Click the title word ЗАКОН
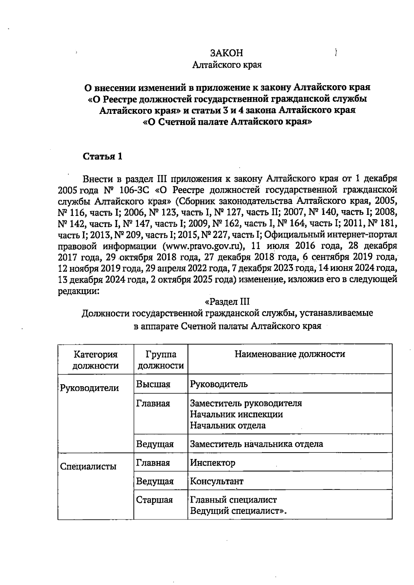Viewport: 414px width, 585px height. pyautogui.click(x=227, y=53)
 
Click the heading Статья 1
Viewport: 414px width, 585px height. pyautogui.click(x=102, y=156)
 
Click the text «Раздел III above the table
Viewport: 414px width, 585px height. pyautogui.click(x=227, y=301)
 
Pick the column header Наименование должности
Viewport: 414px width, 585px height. pyautogui.click(x=290, y=354)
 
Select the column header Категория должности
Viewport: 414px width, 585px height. pyautogui.click(x=96, y=360)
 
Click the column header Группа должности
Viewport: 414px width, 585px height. pyautogui.click(x=161, y=360)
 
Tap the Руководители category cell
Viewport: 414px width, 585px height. pyautogui.click(x=89, y=388)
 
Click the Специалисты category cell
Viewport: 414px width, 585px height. pyautogui.click(x=88, y=467)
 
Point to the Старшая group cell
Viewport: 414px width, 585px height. pyautogui.click(x=154, y=499)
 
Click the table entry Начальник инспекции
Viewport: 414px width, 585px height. pyautogui.click(x=236, y=414)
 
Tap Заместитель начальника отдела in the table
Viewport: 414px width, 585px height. pyautogui.click(x=256, y=444)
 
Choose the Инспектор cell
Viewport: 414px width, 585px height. pyautogui.click(x=213, y=463)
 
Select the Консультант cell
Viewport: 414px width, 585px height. pyautogui.click(x=217, y=481)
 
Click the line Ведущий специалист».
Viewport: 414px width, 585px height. pyautogui.click(x=239, y=510)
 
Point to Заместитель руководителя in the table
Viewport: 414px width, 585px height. pyautogui.click(x=246, y=403)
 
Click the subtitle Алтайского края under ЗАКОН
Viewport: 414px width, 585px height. pyautogui.click(x=227, y=65)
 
